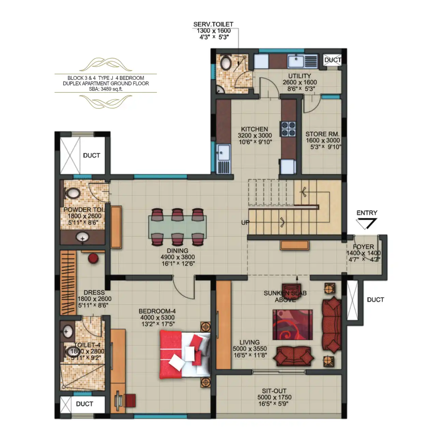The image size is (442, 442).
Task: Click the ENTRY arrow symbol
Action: (366, 224)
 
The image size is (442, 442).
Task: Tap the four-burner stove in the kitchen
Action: (288, 129)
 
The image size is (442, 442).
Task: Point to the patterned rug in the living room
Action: (292, 325)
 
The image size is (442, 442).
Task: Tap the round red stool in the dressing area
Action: (93, 258)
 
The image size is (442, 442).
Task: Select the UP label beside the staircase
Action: (245, 222)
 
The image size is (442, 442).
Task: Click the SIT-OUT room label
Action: (274, 391)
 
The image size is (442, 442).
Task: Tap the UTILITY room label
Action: (299, 76)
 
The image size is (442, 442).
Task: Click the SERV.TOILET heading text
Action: (213, 24)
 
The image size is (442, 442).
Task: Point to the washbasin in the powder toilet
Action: (83, 237)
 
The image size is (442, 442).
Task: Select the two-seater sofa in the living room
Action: (293, 356)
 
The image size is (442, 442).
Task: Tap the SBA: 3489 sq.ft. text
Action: (106, 89)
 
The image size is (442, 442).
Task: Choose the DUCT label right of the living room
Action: (375, 300)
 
